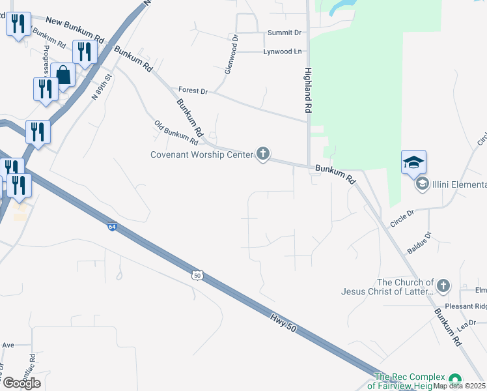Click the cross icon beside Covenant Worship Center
click(x=263, y=154)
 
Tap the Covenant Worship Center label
click(x=202, y=154)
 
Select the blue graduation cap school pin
click(x=413, y=162)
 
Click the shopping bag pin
click(x=63, y=75)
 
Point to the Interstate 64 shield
click(x=113, y=226)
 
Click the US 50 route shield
click(x=197, y=276)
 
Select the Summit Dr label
click(x=285, y=32)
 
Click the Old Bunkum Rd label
click(x=176, y=132)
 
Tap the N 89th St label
click(x=102, y=86)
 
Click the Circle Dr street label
click(x=402, y=218)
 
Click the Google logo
click(x=21, y=383)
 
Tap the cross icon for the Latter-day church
click(x=443, y=285)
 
